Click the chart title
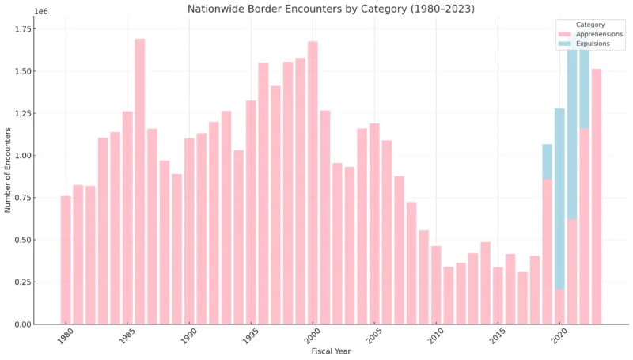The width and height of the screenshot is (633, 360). pos(331,9)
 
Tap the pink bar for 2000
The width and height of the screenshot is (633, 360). pos(313,182)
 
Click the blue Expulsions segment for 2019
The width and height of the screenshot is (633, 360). pos(547,161)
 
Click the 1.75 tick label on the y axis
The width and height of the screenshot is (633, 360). pos(45,29)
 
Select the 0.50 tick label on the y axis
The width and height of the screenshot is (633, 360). pos(45,240)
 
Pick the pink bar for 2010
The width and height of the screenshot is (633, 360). pos(436,285)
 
